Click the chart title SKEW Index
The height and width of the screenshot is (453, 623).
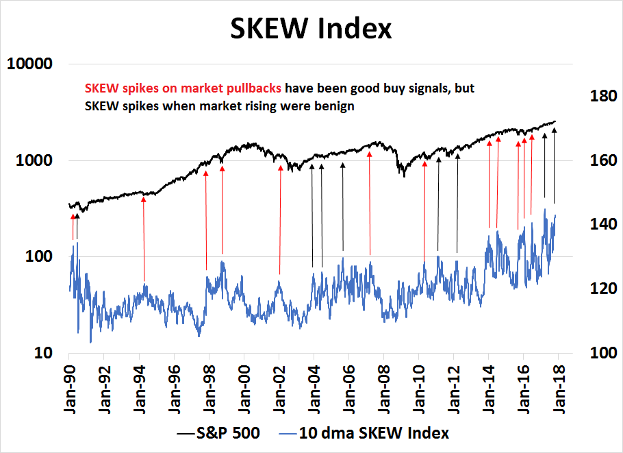311,29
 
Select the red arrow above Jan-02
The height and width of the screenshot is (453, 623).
280,219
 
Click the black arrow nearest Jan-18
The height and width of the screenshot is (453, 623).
554,164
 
